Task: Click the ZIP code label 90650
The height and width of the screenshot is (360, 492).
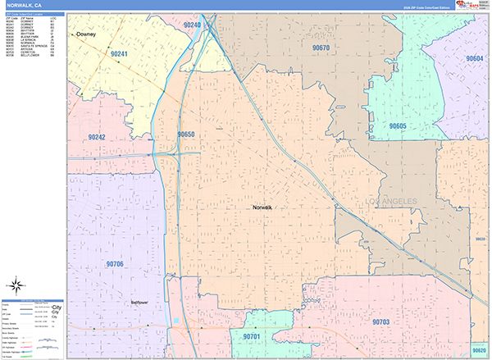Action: coord(185,134)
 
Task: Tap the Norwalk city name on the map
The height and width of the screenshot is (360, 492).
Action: coord(262,207)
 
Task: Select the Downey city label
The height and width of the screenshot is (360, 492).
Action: coord(85,35)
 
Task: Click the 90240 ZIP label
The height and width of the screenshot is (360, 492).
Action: coord(193,25)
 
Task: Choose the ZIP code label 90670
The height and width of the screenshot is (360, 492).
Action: coord(321,48)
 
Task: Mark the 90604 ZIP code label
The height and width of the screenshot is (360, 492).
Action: coord(475,59)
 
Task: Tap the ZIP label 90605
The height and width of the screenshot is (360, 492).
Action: coord(398,126)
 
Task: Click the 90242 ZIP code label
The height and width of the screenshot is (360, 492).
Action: coord(98,137)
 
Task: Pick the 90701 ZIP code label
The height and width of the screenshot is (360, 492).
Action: coord(252,336)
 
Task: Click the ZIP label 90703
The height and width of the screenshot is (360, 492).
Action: coord(380,322)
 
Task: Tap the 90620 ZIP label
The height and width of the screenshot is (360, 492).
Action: coord(479,350)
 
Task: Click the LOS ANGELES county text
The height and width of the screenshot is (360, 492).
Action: coord(386,201)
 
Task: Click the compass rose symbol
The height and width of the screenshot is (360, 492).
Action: coord(15,286)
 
